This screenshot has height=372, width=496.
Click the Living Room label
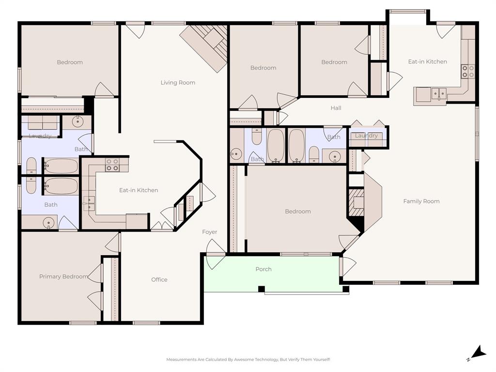click(x=178, y=83)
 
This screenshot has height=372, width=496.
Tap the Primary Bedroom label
click(x=63, y=277)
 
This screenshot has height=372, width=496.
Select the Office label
click(x=159, y=279)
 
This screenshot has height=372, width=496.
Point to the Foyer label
click(x=209, y=232)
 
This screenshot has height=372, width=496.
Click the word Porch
click(x=263, y=269)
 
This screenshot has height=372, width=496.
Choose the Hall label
click(x=336, y=108)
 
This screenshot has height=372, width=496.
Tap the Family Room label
click(x=421, y=201)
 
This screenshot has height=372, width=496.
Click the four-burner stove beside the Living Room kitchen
click(x=112, y=165)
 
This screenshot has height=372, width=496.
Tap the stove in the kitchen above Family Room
click(x=467, y=71)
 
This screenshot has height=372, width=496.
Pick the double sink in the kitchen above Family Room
click(x=439, y=93)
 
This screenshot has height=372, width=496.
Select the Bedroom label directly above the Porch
click(x=297, y=212)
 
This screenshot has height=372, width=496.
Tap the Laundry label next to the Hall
click(x=366, y=136)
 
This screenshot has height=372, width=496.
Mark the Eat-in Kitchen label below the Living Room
click(x=139, y=190)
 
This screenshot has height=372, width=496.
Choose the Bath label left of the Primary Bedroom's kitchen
click(x=51, y=205)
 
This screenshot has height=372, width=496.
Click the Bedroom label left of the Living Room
click(x=70, y=62)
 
